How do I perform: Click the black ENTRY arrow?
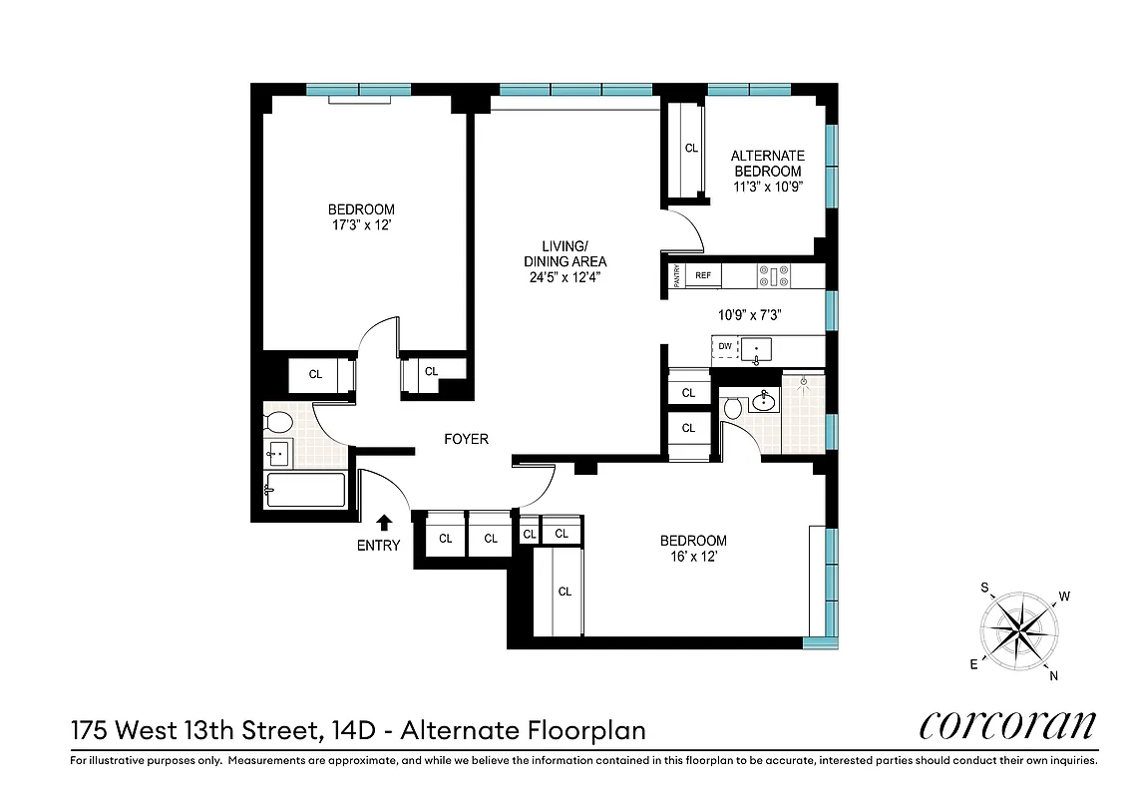click(x=384, y=522)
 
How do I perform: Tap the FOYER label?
click(x=466, y=439)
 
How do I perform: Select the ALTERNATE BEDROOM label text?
click(x=767, y=164)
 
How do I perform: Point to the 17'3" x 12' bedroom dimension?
click(x=361, y=225)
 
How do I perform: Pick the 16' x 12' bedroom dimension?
click(x=693, y=558)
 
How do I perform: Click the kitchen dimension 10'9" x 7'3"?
click(x=749, y=314)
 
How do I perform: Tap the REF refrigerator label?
click(x=703, y=275)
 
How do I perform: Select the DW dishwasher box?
click(x=725, y=347)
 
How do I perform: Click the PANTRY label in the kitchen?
click(x=676, y=275)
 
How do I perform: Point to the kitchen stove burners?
click(x=772, y=275)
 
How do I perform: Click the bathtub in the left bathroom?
click(x=305, y=490)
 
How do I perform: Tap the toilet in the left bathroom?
click(x=277, y=421)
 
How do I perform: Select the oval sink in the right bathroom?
click(x=765, y=402)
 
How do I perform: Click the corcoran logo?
click(x=1008, y=725)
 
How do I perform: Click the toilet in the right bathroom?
click(x=734, y=408)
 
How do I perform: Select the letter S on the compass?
click(x=985, y=588)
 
